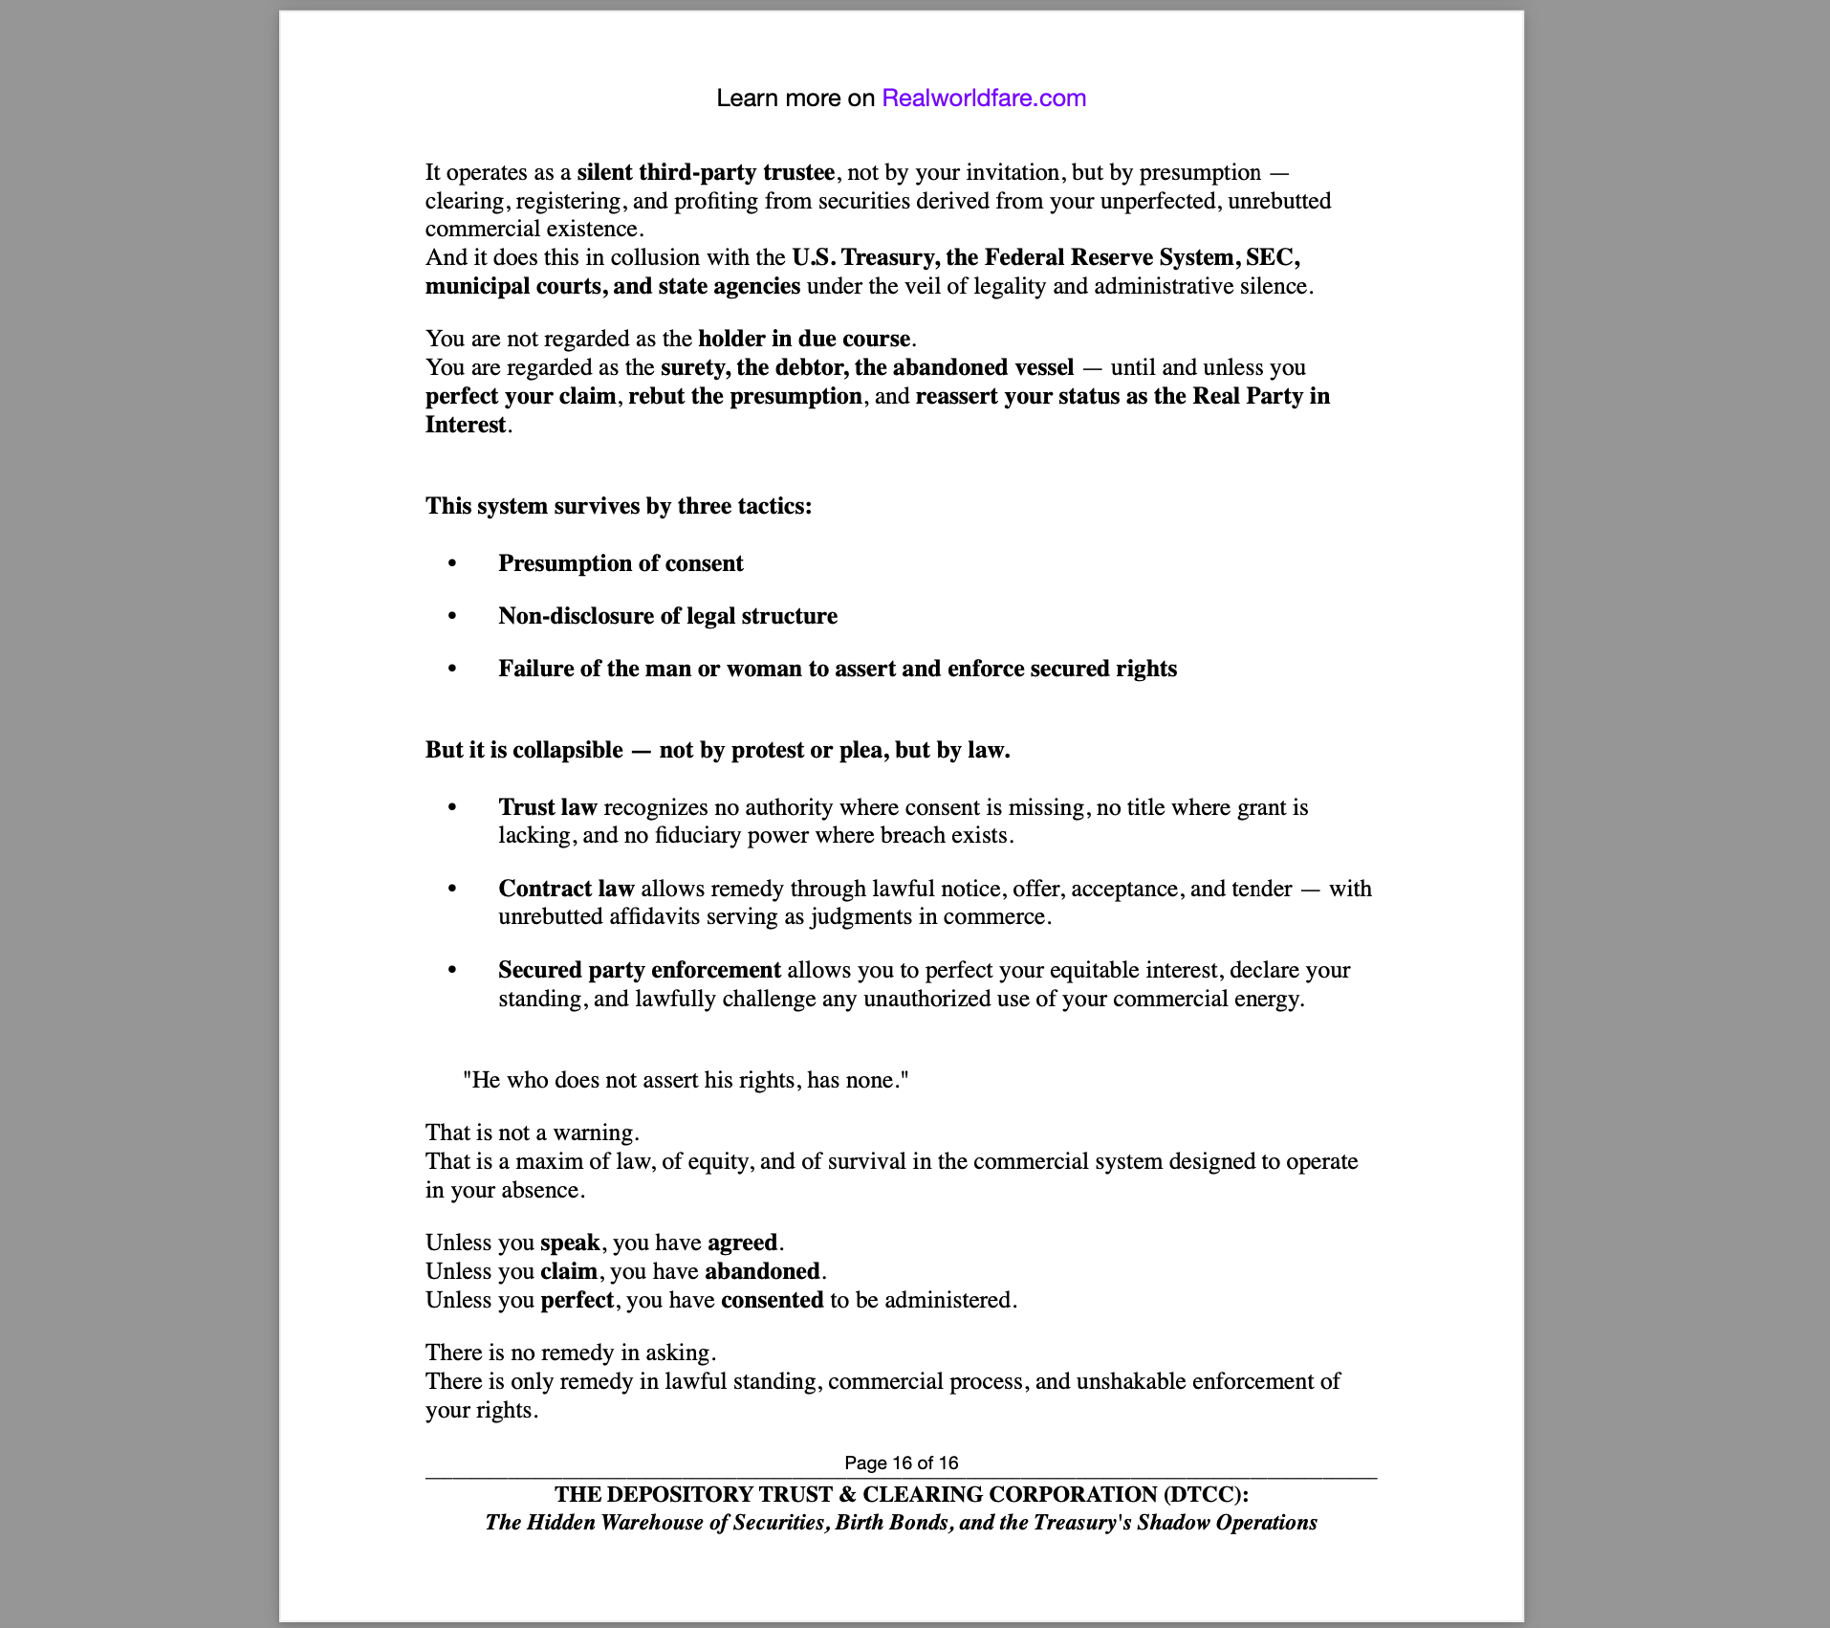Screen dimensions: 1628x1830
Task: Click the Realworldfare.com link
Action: [x=983, y=99]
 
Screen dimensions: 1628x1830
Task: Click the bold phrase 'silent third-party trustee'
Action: [x=706, y=172]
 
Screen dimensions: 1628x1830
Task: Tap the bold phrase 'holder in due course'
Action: [x=804, y=339]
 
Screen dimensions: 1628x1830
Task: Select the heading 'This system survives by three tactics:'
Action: [x=619, y=506]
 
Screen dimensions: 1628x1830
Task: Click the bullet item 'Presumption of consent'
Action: [x=621, y=563]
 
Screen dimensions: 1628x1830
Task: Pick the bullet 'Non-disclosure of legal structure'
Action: [x=667, y=616]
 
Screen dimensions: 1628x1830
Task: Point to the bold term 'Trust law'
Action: [x=548, y=807]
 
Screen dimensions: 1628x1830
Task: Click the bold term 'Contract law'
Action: [x=566, y=889]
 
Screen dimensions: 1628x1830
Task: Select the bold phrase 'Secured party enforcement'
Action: [x=640, y=970]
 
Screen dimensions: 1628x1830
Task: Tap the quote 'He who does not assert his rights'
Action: [x=685, y=1080]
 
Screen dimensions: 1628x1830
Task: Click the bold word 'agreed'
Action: [x=742, y=1243]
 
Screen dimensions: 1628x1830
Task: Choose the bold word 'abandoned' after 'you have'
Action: [x=762, y=1271]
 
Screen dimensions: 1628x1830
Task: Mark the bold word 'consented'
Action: [x=772, y=1300]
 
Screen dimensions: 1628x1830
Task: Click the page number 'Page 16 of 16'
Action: [x=901, y=1463]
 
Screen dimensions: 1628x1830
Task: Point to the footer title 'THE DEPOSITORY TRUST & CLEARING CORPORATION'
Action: [x=901, y=1494]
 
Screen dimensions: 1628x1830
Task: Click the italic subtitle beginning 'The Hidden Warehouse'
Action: [x=901, y=1523]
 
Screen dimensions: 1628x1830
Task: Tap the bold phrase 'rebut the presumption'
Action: [x=745, y=396]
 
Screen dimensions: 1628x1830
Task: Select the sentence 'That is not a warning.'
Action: [x=532, y=1133]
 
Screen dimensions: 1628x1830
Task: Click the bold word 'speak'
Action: [x=570, y=1243]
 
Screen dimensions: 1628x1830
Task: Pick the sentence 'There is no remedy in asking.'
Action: [x=570, y=1353]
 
